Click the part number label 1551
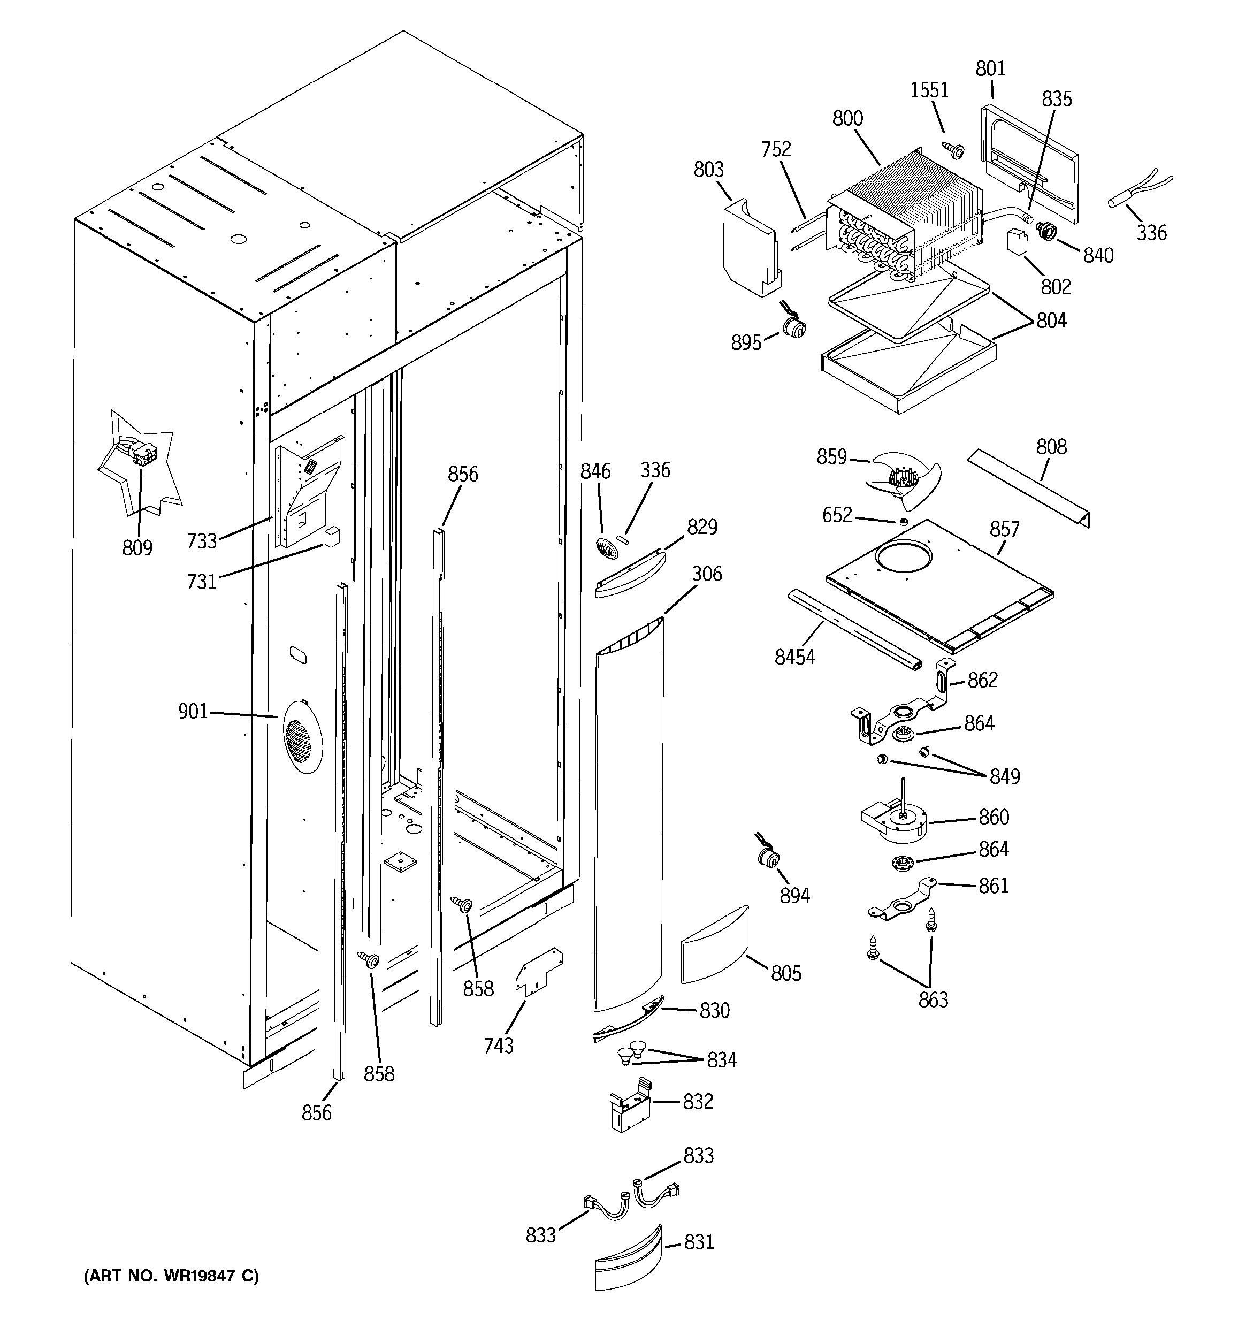(929, 90)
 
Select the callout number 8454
(794, 657)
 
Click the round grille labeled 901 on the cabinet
(302, 736)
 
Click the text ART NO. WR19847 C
(171, 1276)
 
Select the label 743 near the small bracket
(499, 1046)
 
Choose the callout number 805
(786, 973)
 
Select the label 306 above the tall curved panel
(707, 574)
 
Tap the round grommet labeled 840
(1048, 232)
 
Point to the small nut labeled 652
(903, 522)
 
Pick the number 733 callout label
(202, 541)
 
